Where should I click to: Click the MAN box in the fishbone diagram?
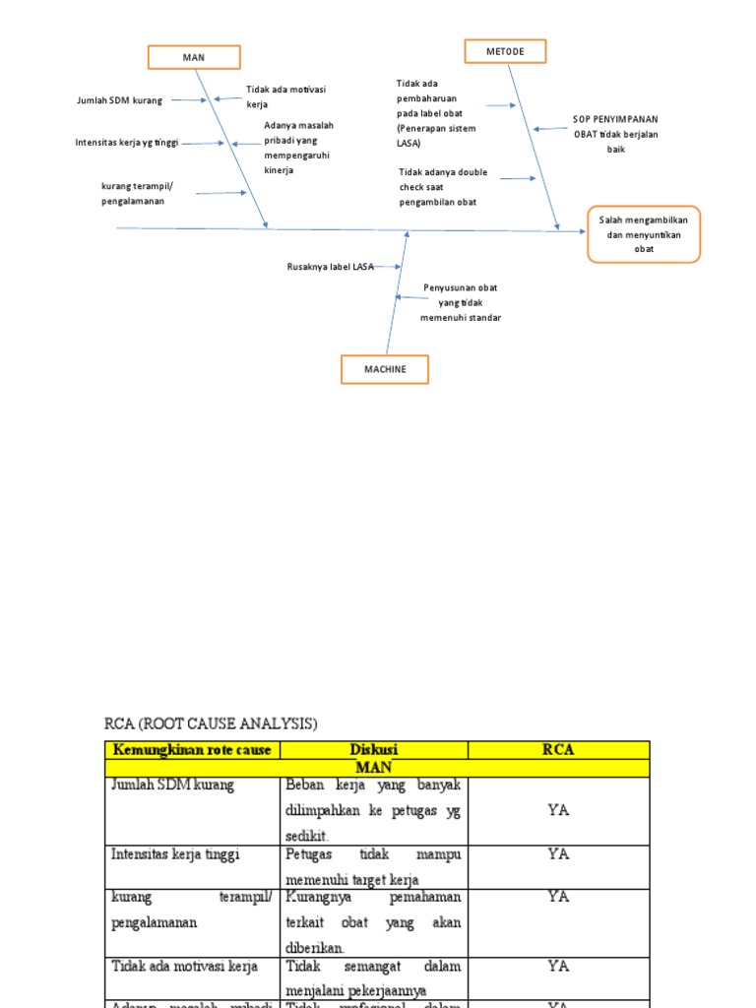click(193, 57)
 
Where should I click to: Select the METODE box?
click(505, 51)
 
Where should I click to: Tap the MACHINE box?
click(385, 369)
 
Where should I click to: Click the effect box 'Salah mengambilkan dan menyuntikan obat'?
click(644, 234)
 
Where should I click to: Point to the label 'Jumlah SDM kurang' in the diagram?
click(119, 100)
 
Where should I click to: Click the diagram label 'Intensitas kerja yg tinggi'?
click(127, 143)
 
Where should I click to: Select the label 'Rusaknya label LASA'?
click(330, 267)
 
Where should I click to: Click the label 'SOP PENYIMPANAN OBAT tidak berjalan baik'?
click(616, 134)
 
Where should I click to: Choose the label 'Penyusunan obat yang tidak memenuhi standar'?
click(460, 302)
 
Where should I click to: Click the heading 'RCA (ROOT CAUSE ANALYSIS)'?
click(211, 724)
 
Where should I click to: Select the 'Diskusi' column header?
click(374, 750)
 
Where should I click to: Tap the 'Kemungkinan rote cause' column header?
click(192, 750)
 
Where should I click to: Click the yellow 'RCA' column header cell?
click(558, 750)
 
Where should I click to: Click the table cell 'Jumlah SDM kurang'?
click(173, 786)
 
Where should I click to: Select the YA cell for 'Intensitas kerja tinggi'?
click(558, 854)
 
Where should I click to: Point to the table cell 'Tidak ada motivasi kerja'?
click(184, 967)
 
